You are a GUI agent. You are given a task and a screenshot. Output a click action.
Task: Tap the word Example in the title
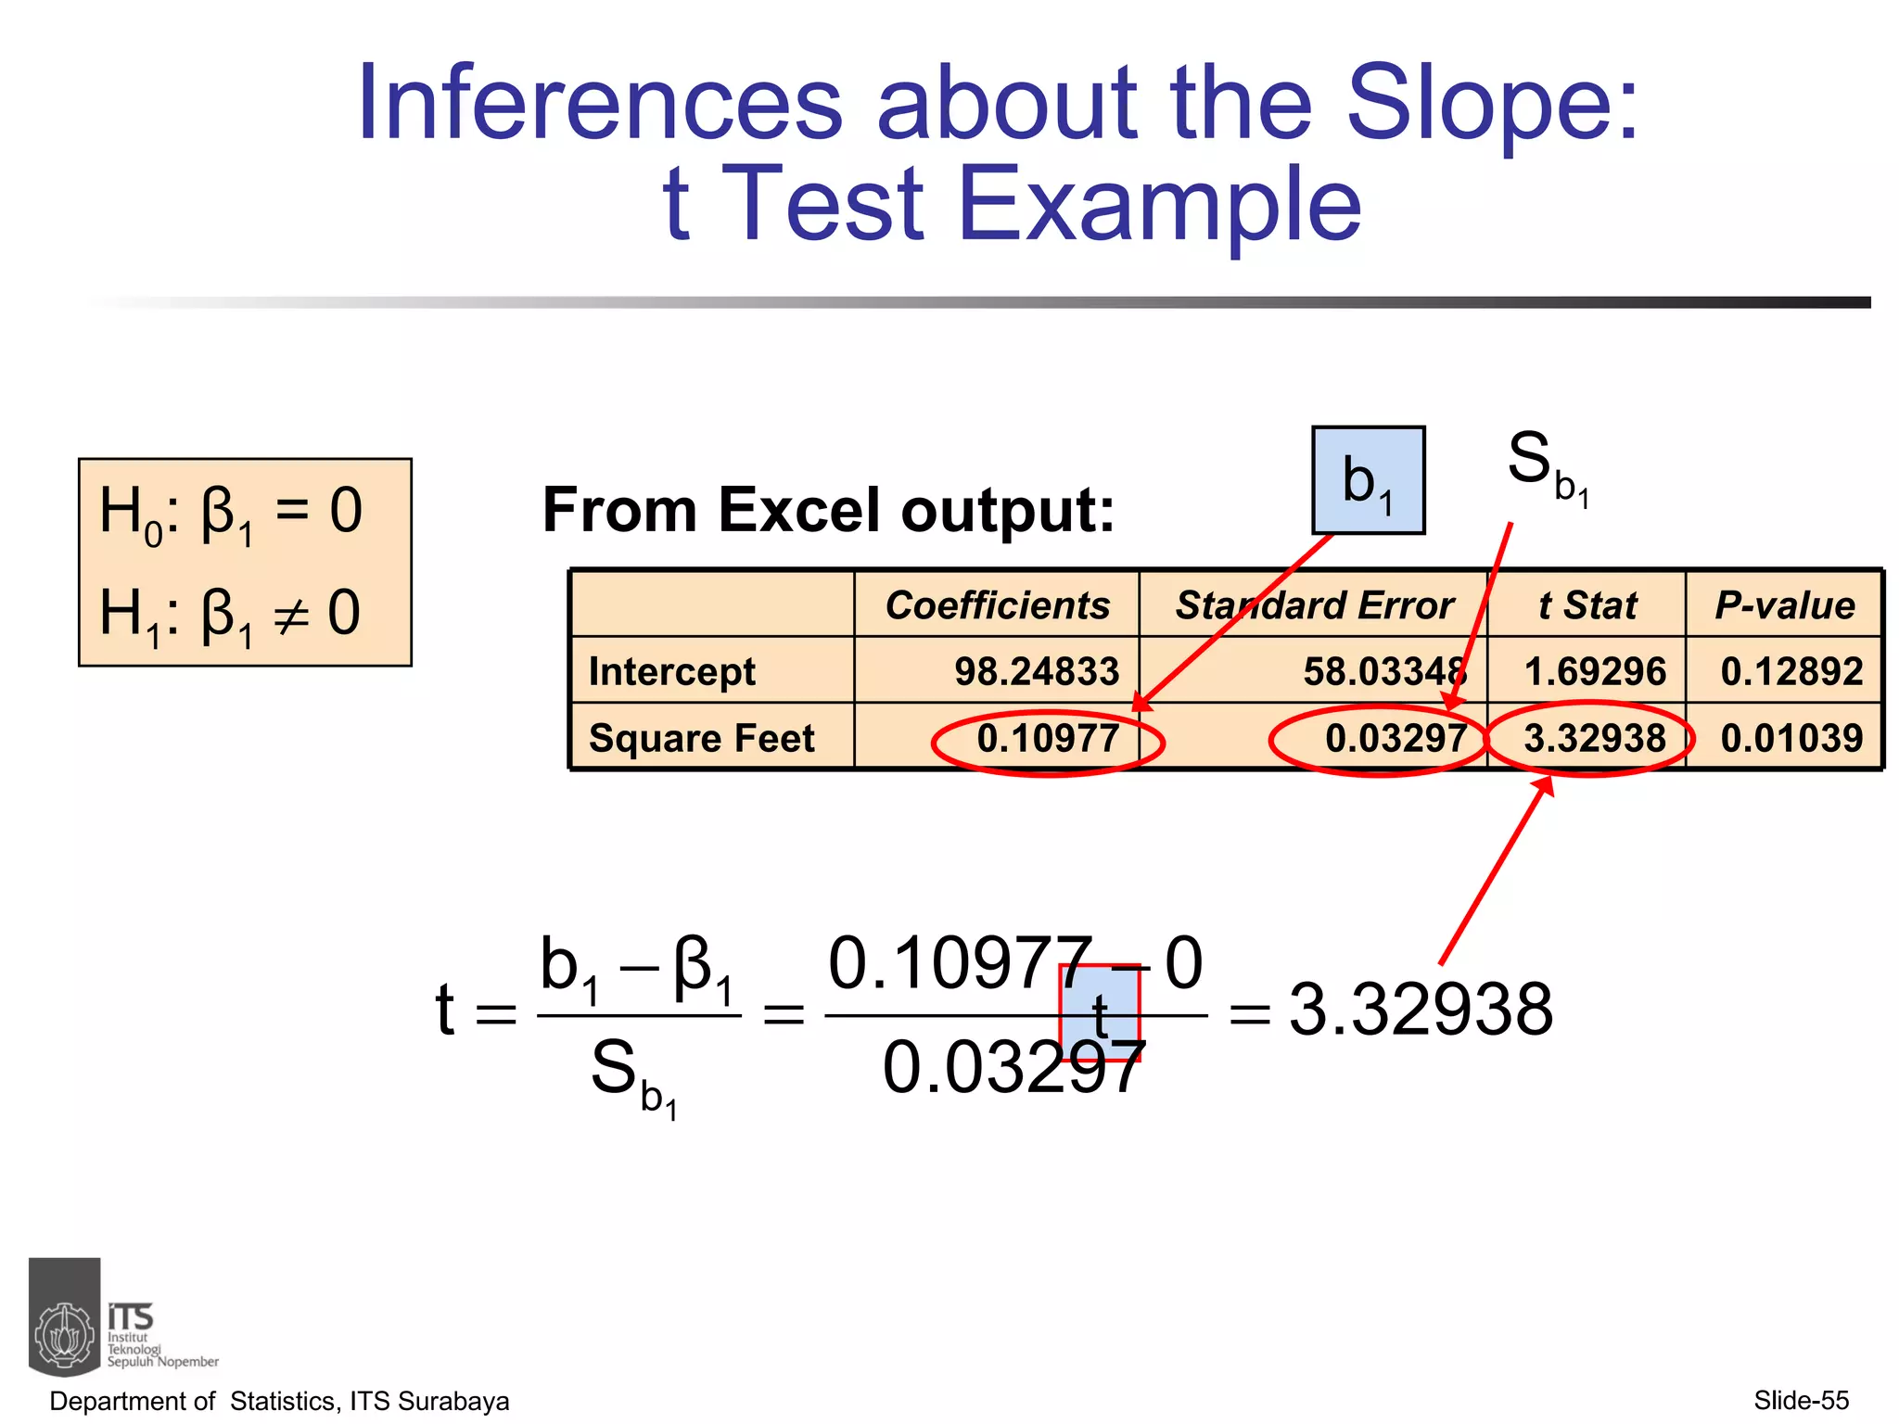[x=1159, y=204]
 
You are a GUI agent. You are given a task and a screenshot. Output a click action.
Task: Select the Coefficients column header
[x=997, y=605]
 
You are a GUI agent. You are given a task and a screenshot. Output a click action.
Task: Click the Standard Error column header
[x=1314, y=605]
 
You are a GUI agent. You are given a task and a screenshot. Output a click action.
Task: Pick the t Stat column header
[x=1587, y=605]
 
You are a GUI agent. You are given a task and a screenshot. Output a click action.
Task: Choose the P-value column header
[x=1785, y=605]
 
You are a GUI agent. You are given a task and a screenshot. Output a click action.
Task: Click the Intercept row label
[x=672, y=671]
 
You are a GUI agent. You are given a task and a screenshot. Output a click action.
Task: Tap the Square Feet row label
[x=702, y=738]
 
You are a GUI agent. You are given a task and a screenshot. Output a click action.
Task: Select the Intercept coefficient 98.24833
[x=1037, y=671]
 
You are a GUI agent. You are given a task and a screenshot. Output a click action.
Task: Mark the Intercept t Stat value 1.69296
[x=1595, y=671]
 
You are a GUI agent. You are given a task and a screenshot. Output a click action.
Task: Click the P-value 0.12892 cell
[x=1791, y=671]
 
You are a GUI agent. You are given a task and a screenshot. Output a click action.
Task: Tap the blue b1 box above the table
[x=1368, y=480]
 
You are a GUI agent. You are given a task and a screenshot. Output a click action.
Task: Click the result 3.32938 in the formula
[x=1421, y=1010]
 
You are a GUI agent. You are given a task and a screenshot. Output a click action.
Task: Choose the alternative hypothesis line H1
[x=231, y=614]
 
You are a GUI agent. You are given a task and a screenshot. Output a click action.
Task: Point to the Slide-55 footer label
[x=1801, y=1400]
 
